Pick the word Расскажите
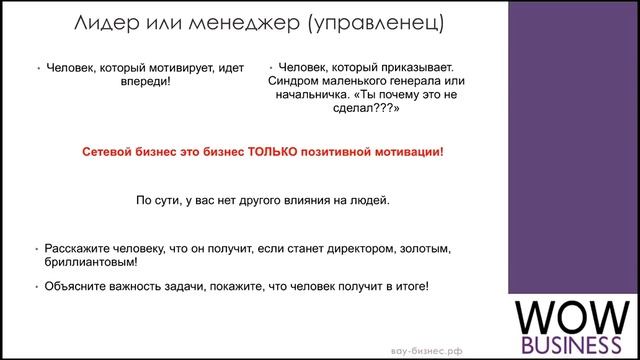(x=75, y=247)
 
